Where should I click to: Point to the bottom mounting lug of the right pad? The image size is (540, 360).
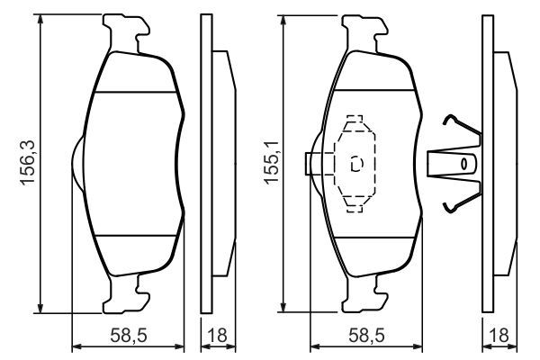(367, 292)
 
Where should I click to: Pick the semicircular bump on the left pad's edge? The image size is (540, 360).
(76, 165)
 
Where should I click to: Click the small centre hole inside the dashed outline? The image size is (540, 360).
(356, 164)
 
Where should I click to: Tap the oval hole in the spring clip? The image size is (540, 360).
(464, 165)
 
